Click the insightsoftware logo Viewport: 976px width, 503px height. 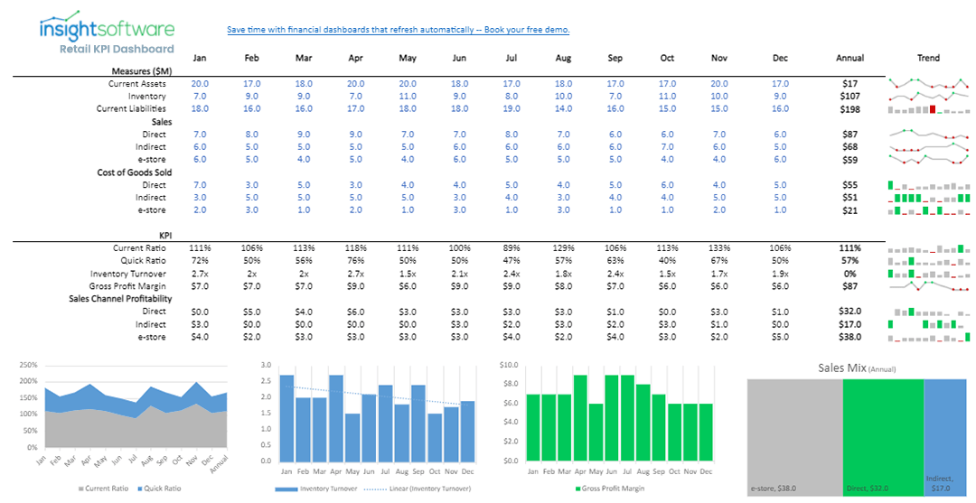pos(107,29)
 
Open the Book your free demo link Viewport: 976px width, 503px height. pos(398,30)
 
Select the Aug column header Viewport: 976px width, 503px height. pos(563,59)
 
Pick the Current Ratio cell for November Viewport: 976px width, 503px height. pos(718,248)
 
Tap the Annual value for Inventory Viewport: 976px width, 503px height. pos(849,97)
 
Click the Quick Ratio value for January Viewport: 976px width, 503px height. pos(200,261)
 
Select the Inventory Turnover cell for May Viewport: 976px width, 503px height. pos(408,274)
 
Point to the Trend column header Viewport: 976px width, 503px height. pos(928,59)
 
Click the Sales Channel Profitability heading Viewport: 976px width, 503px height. pos(120,299)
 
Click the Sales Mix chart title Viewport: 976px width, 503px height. pos(857,368)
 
